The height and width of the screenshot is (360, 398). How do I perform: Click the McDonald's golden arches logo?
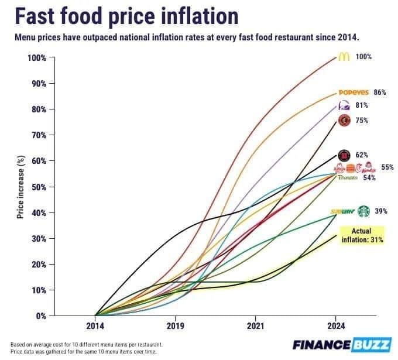click(x=344, y=57)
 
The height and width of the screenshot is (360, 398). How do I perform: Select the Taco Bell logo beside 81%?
click(x=344, y=105)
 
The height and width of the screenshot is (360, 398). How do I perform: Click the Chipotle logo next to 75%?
click(x=344, y=120)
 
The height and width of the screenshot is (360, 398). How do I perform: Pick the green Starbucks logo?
click(x=364, y=211)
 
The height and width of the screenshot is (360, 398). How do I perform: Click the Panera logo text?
click(x=348, y=177)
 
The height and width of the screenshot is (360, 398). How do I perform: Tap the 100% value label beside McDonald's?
click(x=364, y=57)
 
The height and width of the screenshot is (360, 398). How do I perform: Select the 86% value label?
click(x=380, y=92)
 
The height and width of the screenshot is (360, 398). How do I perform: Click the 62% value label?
click(x=362, y=155)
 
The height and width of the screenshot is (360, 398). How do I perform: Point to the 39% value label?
click(x=381, y=211)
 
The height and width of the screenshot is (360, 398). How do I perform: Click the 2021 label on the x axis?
click(x=255, y=325)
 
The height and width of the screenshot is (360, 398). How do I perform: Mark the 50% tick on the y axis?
click(x=38, y=187)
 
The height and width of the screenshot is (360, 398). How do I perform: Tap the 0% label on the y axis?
click(x=40, y=316)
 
